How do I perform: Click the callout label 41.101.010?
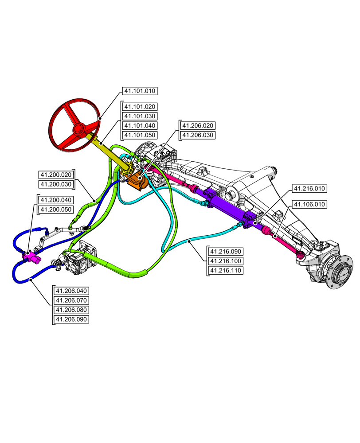(139, 91)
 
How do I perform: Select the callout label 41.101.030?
(139, 116)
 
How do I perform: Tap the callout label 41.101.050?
(139, 135)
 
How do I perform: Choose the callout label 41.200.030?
(56, 184)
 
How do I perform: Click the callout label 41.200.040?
(56, 200)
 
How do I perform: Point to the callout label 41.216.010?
(309, 189)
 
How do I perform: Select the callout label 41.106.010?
(309, 204)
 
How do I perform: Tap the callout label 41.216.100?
(225, 261)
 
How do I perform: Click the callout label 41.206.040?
(71, 291)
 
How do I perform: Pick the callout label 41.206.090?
(71, 319)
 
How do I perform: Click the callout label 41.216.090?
(225, 252)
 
